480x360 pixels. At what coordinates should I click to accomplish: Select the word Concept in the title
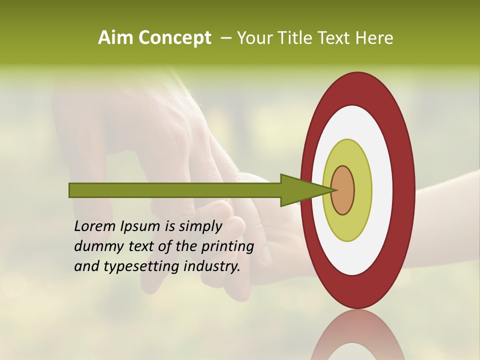(174, 38)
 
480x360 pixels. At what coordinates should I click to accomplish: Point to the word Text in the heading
(334, 38)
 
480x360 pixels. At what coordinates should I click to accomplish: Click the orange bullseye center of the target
(343, 190)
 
